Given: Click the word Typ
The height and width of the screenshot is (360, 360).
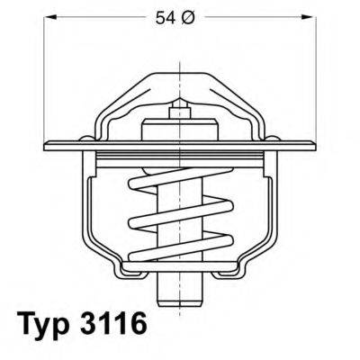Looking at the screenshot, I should pyautogui.click(x=46, y=323).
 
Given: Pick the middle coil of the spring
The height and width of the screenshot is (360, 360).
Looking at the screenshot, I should pyautogui.click(x=180, y=218).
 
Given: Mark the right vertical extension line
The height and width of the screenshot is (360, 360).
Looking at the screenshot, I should pyautogui.click(x=317, y=72).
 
